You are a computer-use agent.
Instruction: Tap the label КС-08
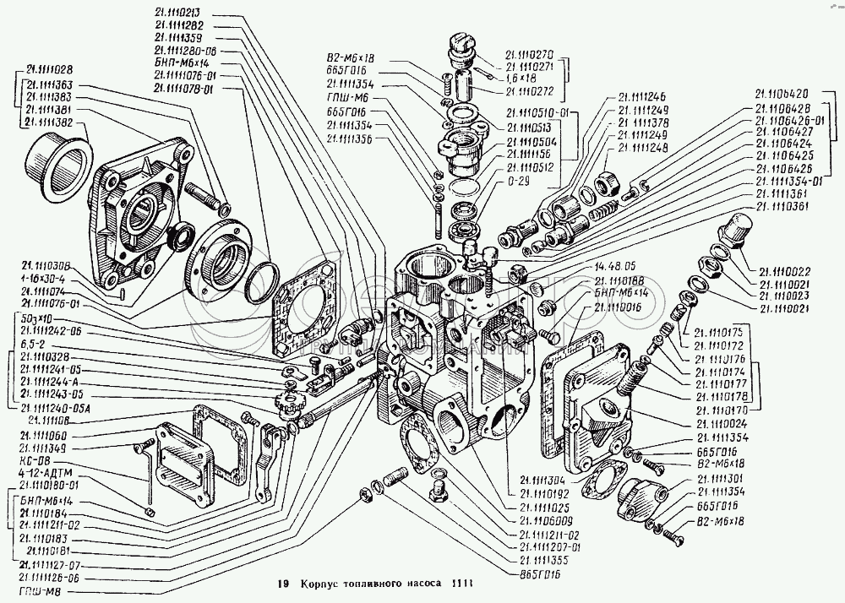(x=32, y=462)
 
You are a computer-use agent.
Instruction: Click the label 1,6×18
(x=521, y=78)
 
